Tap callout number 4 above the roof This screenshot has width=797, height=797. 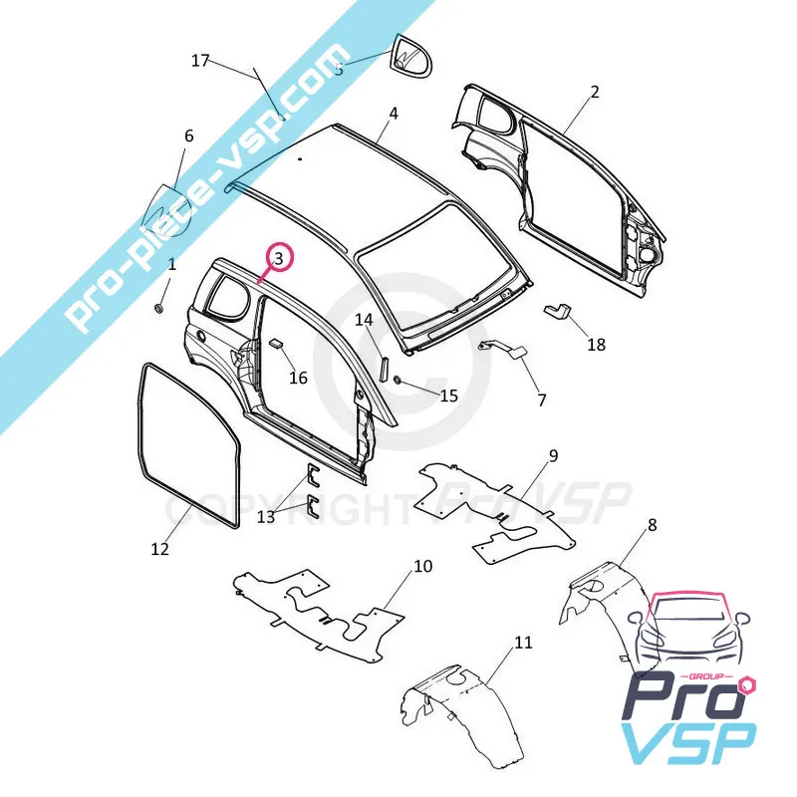pos(394,114)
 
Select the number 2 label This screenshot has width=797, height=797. pos(595,93)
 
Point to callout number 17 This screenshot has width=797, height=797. pos(200,61)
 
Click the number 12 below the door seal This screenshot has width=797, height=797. pos(160,548)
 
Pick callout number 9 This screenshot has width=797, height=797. pos(553,456)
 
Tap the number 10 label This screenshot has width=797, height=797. pos(422,567)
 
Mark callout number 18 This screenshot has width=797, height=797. pos(596,346)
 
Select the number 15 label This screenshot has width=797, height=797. pos(448,396)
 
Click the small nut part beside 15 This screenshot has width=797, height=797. pos(398,381)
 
